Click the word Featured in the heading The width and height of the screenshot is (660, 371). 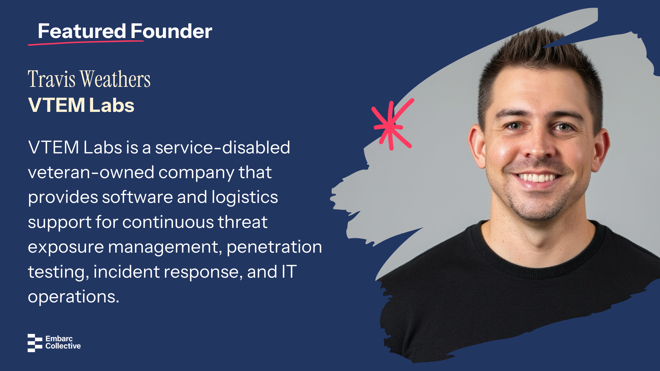[x=82, y=31]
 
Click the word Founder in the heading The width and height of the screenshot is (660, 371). [x=171, y=31]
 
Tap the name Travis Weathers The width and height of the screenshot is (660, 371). [x=89, y=79]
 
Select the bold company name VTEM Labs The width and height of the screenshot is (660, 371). [x=81, y=105]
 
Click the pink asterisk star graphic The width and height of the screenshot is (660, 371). [x=392, y=125]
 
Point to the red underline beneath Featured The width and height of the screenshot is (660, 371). [x=86, y=43]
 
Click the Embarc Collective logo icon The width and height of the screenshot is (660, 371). [x=35, y=343]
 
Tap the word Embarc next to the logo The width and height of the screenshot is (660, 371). [x=59, y=339]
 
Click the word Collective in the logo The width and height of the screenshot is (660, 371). [x=63, y=346]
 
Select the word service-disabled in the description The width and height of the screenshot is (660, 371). [x=222, y=147]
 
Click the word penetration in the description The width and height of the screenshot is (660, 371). [x=274, y=247]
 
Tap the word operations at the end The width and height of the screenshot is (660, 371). [x=73, y=297]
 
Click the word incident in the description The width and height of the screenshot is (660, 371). [x=126, y=271]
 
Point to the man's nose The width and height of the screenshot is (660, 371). [x=538, y=144]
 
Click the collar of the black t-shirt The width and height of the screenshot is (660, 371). [x=539, y=266]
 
